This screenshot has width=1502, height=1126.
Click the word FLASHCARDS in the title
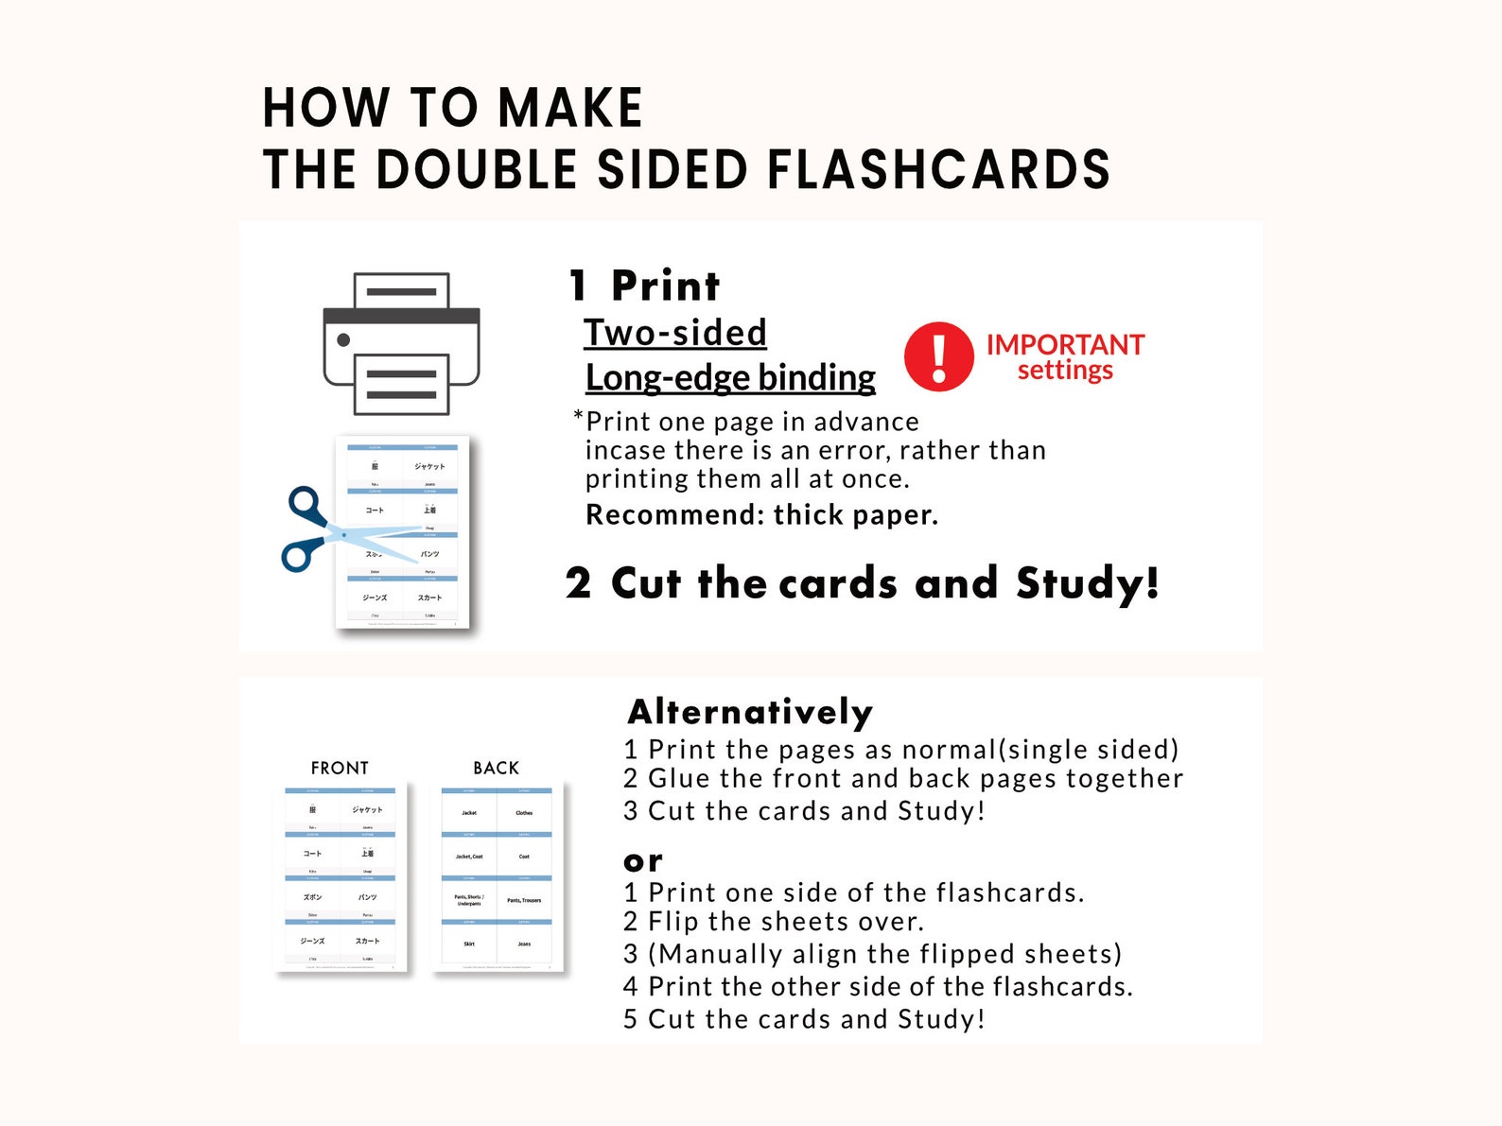[x=937, y=170]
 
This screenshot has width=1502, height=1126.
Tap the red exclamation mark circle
[x=938, y=356]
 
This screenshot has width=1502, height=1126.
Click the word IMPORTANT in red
[x=1064, y=344]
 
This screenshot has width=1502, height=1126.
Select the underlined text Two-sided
[x=674, y=333]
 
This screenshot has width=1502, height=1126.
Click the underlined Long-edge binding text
[x=730, y=377]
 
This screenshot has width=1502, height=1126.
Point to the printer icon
[x=401, y=343]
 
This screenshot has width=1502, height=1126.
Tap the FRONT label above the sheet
[x=340, y=768]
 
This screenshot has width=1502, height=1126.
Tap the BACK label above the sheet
[x=496, y=768]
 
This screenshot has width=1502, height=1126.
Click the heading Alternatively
[x=749, y=712]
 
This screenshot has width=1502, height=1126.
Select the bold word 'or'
[x=643, y=861]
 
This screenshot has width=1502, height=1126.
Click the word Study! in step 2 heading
[x=1087, y=583]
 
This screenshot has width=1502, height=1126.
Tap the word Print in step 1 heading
[x=665, y=286]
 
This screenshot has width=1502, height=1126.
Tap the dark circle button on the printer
[x=343, y=340]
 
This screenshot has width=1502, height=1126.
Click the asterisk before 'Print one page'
[x=578, y=417]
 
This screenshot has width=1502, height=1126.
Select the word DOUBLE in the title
[x=476, y=170]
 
